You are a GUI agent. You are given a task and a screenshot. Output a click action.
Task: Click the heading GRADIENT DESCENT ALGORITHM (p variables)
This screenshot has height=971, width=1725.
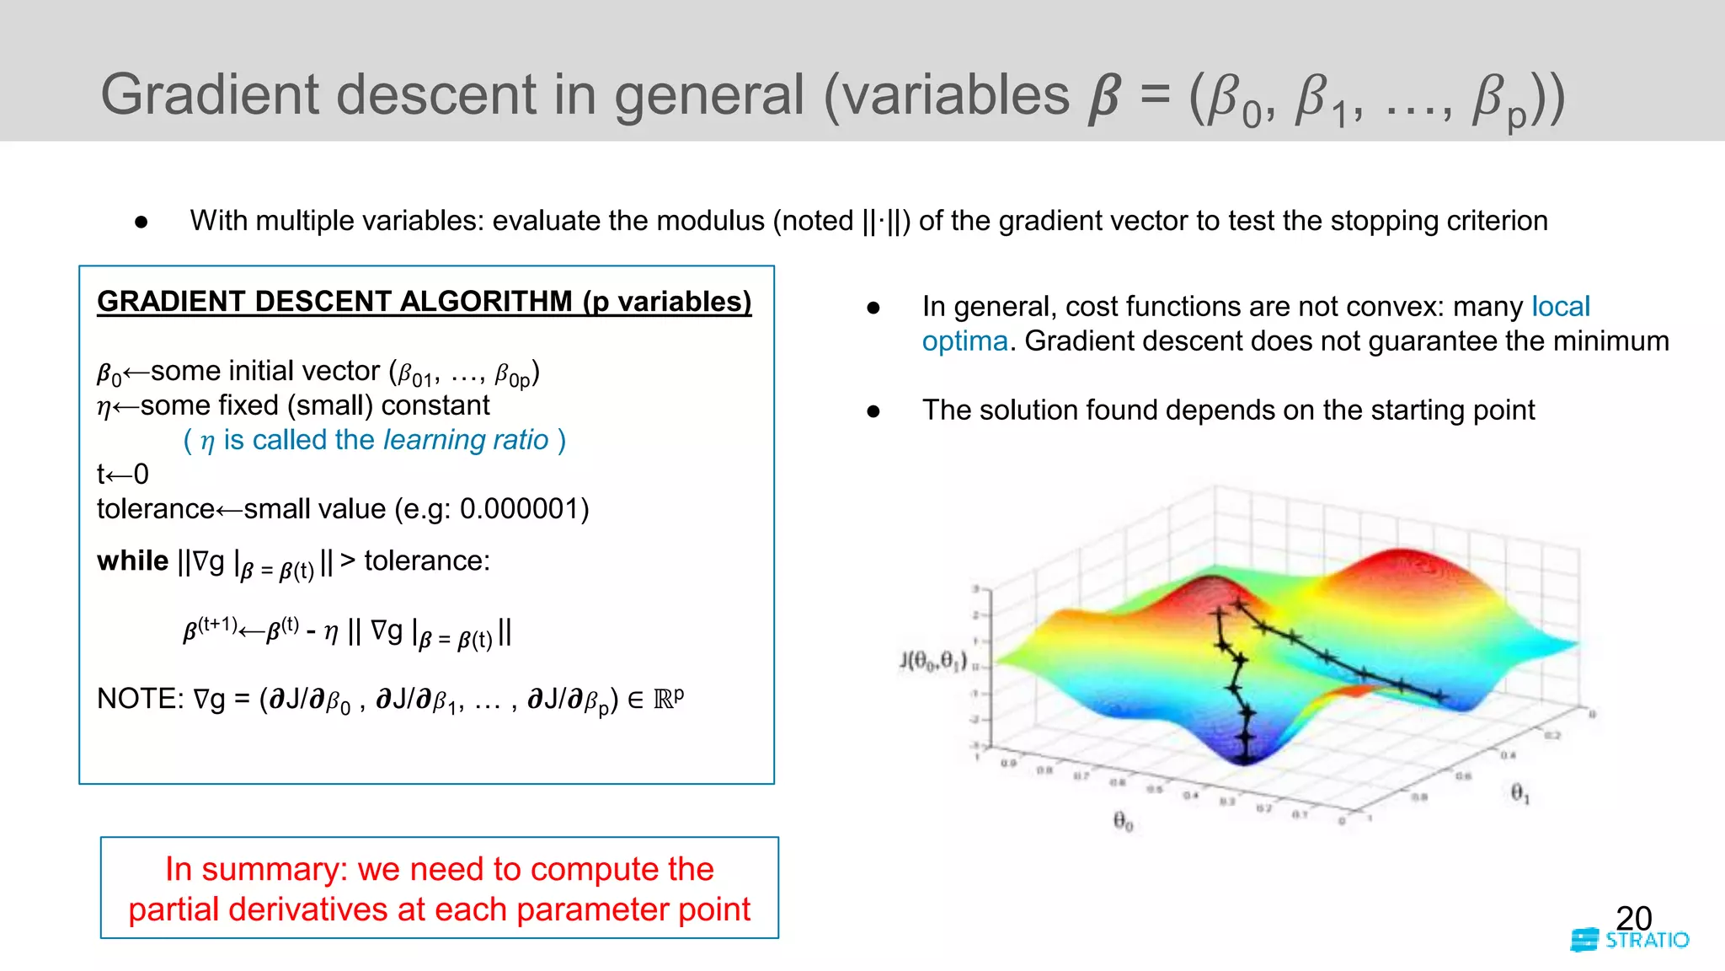tap(424, 301)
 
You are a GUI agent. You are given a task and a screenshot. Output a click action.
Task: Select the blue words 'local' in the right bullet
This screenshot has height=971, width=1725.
tap(1560, 306)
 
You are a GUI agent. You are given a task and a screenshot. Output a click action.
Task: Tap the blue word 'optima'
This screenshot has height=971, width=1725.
tap(964, 341)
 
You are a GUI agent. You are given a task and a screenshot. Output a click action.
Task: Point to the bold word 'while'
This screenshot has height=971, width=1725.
tap(132, 561)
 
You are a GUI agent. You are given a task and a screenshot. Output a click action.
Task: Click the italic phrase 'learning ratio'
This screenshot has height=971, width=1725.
tap(465, 440)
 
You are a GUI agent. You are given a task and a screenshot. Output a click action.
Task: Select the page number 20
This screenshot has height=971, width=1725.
tap(1633, 918)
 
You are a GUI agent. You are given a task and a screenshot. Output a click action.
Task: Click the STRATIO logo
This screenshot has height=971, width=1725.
tap(1630, 940)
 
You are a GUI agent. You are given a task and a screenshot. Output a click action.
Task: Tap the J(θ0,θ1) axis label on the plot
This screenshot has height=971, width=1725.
tap(933, 660)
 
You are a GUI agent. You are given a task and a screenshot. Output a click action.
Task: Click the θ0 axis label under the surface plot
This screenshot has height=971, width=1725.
tap(1123, 820)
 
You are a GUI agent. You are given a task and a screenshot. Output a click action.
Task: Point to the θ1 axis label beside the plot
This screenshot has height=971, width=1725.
tap(1519, 792)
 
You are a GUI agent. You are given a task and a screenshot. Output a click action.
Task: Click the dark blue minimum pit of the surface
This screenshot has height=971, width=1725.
tap(1246, 754)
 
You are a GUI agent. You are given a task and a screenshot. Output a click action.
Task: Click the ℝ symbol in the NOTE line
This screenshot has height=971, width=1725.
tap(663, 700)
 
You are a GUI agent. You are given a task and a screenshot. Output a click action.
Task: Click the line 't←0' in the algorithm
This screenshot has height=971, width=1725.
tap(123, 475)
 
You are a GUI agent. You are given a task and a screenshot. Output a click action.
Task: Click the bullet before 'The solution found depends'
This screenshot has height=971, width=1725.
tap(873, 411)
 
